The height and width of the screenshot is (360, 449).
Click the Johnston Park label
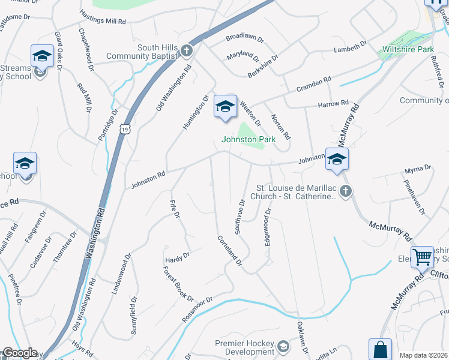[x=249, y=139]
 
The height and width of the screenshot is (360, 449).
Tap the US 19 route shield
[x=124, y=128]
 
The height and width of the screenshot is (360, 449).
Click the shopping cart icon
[x=423, y=257]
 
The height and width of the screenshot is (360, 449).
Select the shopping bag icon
[x=380, y=349]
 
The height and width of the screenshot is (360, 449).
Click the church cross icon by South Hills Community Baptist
[x=187, y=51]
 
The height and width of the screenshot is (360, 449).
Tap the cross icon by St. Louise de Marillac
[x=345, y=191]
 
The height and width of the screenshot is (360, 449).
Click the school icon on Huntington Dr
[x=225, y=108]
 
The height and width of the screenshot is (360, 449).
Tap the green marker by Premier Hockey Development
[x=283, y=346]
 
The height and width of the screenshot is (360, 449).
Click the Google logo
[x=20, y=353]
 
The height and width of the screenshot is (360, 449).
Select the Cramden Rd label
[x=314, y=84]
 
